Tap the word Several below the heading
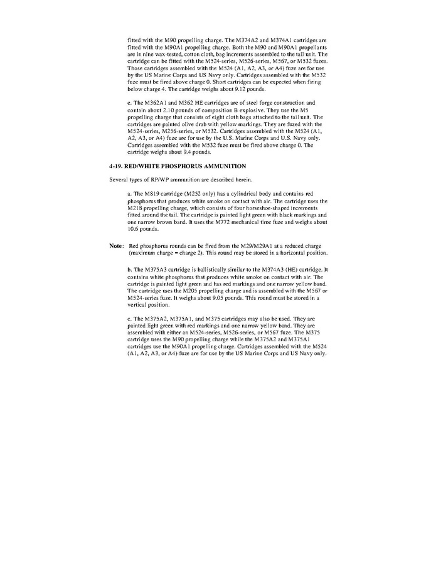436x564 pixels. click(119, 179)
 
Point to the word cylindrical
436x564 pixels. click(244, 194)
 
